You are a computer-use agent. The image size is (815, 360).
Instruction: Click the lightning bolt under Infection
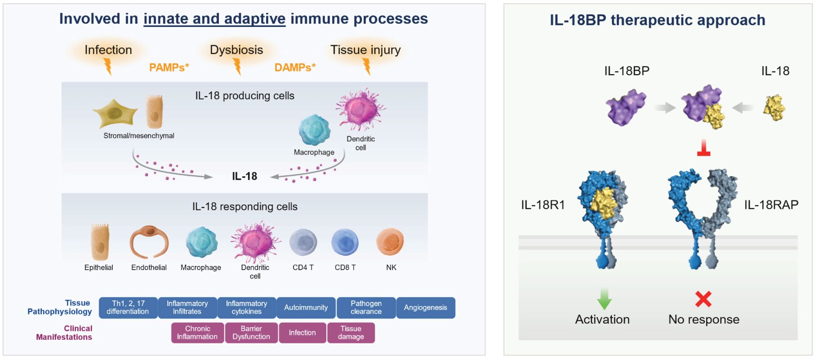[x=108, y=67]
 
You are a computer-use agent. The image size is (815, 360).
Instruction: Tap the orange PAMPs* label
[x=169, y=67]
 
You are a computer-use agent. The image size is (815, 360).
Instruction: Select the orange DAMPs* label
[x=295, y=67]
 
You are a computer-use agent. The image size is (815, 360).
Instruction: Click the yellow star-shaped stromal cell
[x=115, y=113]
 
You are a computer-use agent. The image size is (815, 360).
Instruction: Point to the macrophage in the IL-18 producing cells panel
[x=314, y=130]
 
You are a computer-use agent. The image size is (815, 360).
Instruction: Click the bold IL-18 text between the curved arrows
[x=245, y=176]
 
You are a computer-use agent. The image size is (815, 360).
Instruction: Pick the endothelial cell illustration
[x=149, y=242]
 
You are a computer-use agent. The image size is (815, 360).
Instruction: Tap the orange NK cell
[x=390, y=242]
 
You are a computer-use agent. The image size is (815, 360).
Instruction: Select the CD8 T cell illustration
[x=345, y=242]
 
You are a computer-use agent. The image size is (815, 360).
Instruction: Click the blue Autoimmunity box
[x=306, y=308]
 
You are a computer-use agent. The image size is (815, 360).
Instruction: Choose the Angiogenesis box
[x=425, y=308]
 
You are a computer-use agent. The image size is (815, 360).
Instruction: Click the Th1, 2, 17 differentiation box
[x=128, y=308]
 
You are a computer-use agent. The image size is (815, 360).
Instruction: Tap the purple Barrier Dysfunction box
[x=251, y=333]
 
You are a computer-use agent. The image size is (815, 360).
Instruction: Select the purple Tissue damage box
[x=351, y=333]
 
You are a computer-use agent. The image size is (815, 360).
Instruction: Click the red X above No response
[x=703, y=299]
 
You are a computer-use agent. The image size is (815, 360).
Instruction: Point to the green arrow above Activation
[x=604, y=299]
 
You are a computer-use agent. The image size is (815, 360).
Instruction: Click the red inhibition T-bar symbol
[x=704, y=149]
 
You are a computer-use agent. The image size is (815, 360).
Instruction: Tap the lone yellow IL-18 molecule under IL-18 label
[x=774, y=108]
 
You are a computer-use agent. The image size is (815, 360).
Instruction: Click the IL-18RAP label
[x=771, y=205]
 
